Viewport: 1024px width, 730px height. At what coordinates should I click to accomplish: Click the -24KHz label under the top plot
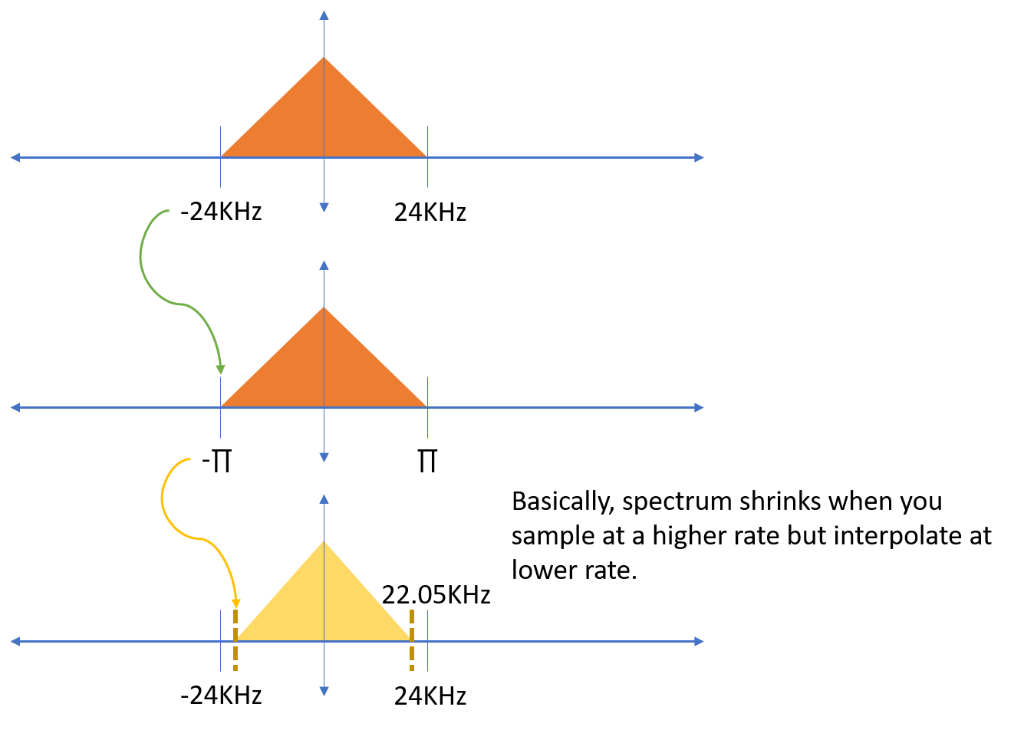point(221,212)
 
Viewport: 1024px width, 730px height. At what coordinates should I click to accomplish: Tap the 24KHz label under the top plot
point(430,212)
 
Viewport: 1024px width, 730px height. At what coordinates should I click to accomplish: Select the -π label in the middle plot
point(217,463)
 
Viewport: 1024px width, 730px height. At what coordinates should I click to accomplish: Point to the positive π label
point(427,462)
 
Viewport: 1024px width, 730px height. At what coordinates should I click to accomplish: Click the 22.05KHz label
point(436,595)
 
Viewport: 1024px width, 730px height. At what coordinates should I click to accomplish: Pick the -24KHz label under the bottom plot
point(221,695)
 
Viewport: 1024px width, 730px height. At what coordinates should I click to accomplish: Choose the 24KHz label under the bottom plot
point(430,696)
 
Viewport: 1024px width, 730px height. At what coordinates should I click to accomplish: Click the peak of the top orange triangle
point(324,58)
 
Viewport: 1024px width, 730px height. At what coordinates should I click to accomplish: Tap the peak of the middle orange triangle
point(324,307)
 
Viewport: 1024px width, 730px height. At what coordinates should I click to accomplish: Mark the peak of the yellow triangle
point(324,541)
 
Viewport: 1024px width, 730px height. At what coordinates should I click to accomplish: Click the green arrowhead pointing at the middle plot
point(221,369)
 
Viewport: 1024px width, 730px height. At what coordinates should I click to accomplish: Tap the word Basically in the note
point(563,502)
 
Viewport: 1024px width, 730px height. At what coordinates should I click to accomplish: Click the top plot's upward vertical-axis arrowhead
point(324,15)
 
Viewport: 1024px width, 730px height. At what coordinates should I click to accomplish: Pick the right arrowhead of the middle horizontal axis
point(699,407)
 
